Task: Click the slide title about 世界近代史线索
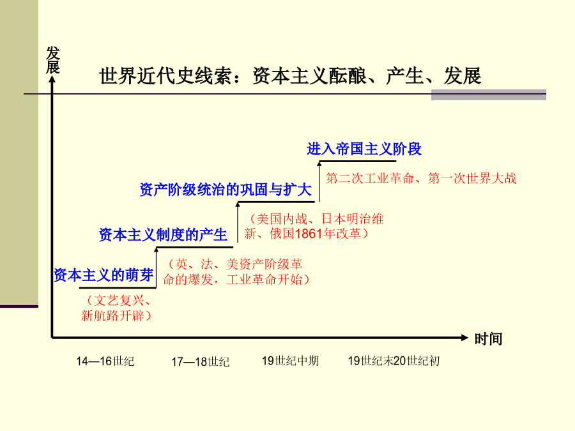coord(290,76)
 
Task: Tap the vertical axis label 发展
coord(53,60)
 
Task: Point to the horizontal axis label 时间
coord(488,339)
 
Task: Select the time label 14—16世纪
coord(105,361)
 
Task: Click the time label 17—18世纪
coord(201,362)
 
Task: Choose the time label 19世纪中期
coord(291,361)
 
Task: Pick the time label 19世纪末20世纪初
coord(394,361)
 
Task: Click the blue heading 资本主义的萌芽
coord(103,275)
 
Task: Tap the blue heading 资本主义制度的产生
coord(163,234)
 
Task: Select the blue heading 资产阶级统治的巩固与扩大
coord(226,190)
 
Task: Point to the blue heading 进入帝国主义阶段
coord(364,149)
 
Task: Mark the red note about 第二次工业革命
coord(421,179)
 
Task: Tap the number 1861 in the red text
coord(309,234)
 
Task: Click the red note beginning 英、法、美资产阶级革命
coord(236,272)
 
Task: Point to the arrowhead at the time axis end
coord(464,338)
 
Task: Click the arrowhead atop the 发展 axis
coord(52,79)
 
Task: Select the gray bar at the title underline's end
coord(489,95)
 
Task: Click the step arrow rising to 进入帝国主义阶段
coord(319,181)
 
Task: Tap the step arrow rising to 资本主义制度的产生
coord(157,268)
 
